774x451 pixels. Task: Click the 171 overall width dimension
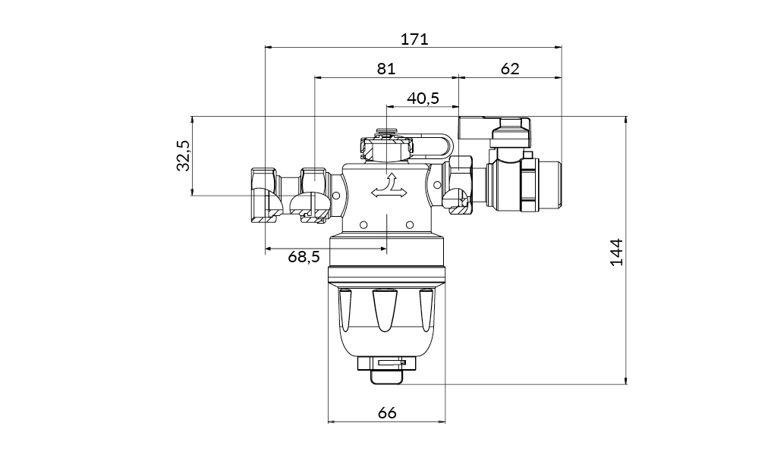pos(414,39)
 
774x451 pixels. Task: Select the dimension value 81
pos(386,69)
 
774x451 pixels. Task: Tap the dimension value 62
pos(510,69)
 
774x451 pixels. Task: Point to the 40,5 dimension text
pos(423,99)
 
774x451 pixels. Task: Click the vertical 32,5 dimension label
pos(183,155)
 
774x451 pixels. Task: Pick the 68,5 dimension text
pos(304,257)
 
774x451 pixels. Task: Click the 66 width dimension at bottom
pos(387,413)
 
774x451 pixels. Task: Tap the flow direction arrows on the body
pos(387,187)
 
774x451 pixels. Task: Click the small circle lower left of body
pos(363,224)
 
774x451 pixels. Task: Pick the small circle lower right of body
pos(410,224)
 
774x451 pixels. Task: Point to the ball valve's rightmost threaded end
pos(549,185)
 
